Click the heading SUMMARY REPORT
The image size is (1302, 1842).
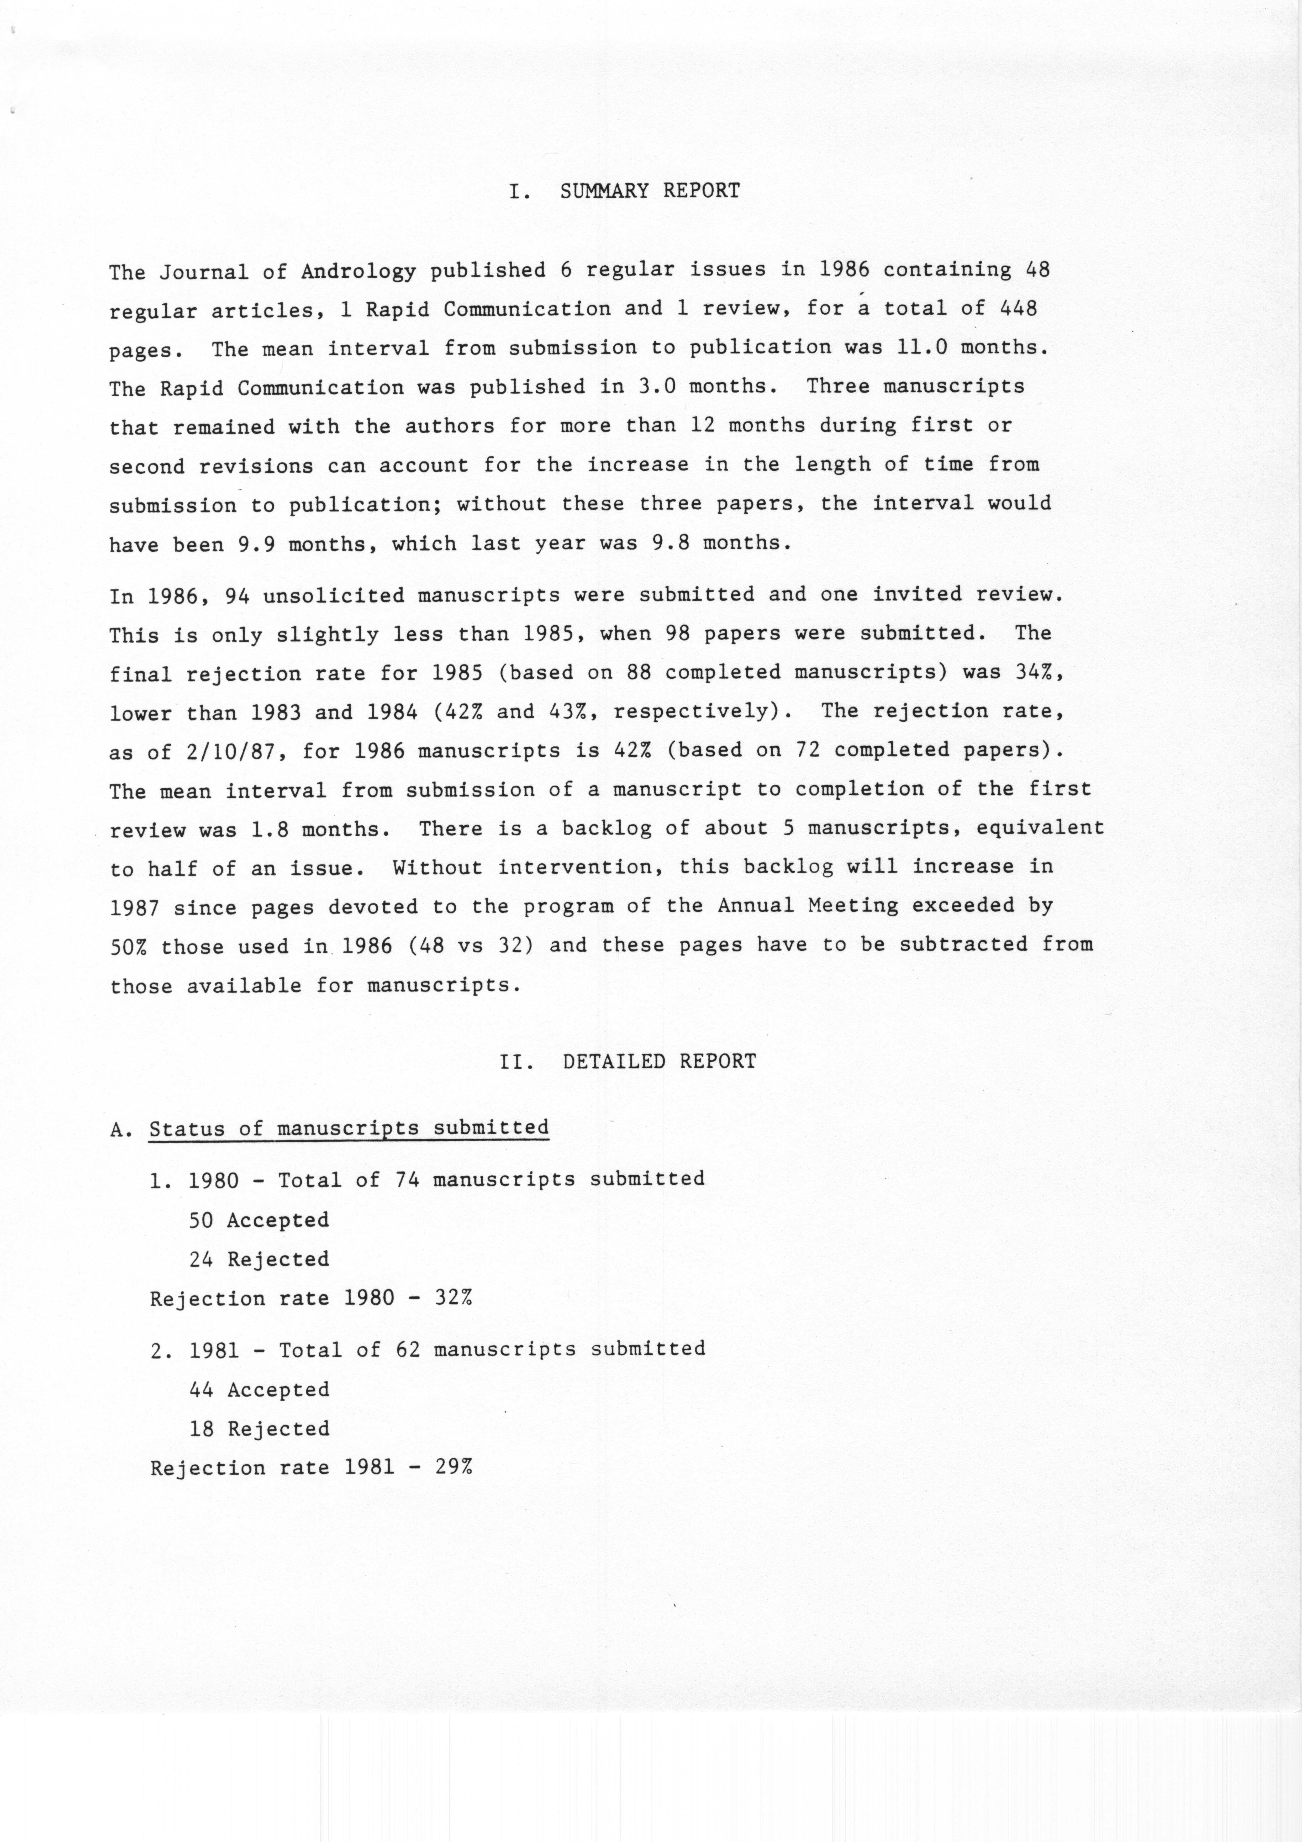[650, 191]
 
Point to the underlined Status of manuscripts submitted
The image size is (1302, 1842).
[349, 1128]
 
